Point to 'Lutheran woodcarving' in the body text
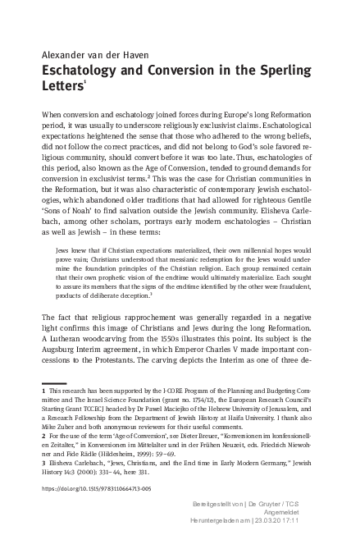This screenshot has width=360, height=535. point(90,336)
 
